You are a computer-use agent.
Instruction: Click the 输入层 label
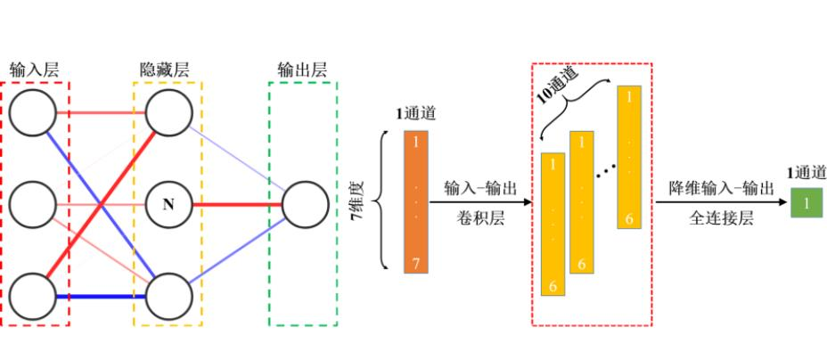[35, 69]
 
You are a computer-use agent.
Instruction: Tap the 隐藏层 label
[166, 69]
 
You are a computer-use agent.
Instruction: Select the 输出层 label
[301, 69]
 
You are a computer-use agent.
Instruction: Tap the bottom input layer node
[34, 296]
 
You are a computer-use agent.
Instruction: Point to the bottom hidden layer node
[168, 296]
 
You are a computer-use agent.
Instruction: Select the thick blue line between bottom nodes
[101, 296]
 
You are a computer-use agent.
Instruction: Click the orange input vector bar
[416, 201]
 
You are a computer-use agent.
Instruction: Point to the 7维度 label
[363, 202]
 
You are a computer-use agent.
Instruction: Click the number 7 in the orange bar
[416, 262]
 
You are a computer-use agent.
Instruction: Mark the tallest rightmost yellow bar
[630, 156]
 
